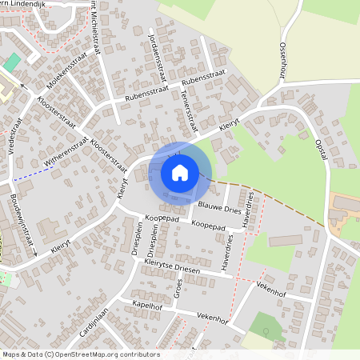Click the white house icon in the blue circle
(x=180, y=173)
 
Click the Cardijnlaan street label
(x=94, y=322)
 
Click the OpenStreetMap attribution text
(x=80, y=354)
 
